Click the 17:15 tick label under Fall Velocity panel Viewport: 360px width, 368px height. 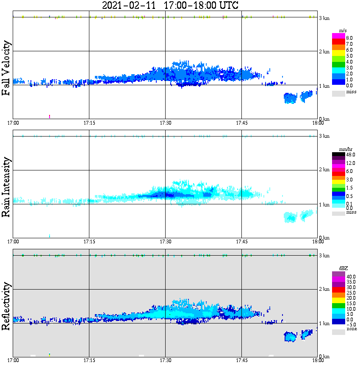pos(89,123)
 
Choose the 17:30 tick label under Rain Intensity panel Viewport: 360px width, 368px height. pos(165,241)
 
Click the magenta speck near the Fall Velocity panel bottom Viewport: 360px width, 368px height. pos(50,116)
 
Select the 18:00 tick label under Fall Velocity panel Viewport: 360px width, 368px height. pos(318,123)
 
